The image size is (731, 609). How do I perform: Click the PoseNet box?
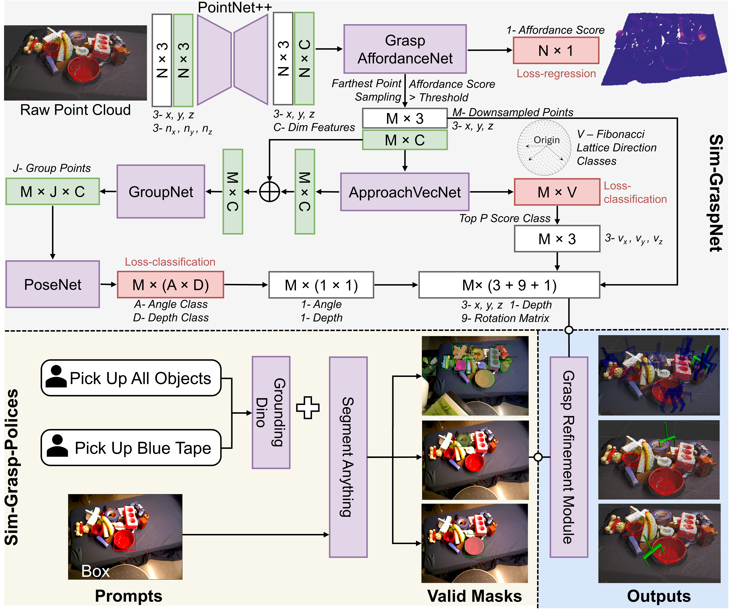pyautogui.click(x=53, y=284)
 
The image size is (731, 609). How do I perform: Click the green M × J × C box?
pyautogui.click(x=53, y=192)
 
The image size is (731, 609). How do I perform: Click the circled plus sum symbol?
pyautogui.click(x=269, y=192)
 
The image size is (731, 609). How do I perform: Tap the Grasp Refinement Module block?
pyautogui.click(x=569, y=457)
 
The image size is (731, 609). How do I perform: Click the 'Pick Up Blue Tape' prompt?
pyautogui.click(x=131, y=448)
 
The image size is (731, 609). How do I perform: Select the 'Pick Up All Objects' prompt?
pyautogui.click(x=131, y=378)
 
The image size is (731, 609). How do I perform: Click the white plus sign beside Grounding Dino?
pyautogui.click(x=308, y=407)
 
